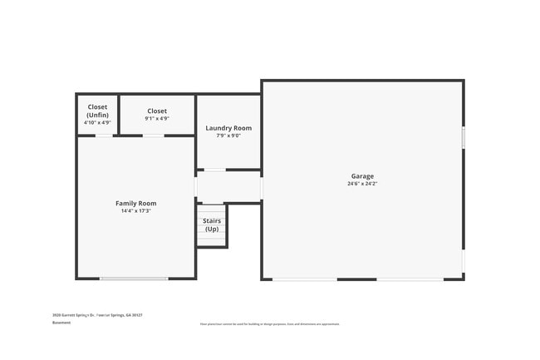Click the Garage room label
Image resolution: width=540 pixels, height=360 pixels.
[362, 175]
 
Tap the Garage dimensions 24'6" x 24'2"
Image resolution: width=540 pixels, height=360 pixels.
[362, 184]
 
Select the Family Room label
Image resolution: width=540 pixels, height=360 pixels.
[135, 203]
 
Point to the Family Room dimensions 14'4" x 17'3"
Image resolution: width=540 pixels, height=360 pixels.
[135, 211]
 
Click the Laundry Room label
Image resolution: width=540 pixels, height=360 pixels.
[228, 128]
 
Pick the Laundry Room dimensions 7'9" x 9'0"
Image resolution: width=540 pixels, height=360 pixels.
[228, 136]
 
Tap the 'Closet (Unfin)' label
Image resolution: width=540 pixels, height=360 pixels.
[97, 111]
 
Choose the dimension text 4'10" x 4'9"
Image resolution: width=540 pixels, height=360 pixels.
[97, 122]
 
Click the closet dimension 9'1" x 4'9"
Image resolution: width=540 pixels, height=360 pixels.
[157, 119]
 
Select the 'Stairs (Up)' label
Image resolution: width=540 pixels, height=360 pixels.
[212, 224]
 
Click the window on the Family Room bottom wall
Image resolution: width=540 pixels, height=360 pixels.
[133, 279]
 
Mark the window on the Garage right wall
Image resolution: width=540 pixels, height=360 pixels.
[463, 137]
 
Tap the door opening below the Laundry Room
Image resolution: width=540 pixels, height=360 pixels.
[215, 170]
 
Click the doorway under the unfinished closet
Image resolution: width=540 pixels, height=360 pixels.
[104, 136]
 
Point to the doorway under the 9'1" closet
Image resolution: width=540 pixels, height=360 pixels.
[154, 136]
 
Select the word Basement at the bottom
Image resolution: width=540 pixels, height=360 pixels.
[61, 323]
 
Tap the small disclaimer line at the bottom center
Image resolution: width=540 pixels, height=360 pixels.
[269, 323]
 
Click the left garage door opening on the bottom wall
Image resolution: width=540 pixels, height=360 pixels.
[305, 279]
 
